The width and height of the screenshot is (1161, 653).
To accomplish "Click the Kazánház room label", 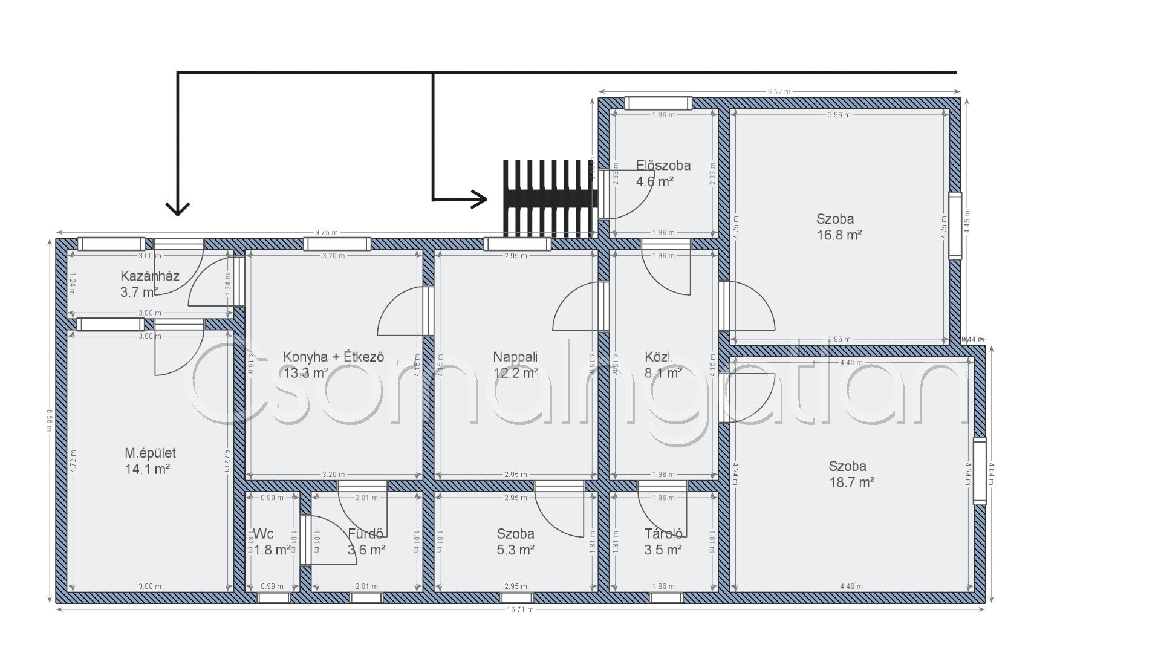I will point(150,276).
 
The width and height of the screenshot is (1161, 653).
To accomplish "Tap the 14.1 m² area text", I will point(146,469).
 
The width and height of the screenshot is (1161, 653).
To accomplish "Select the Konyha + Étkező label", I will point(334,357).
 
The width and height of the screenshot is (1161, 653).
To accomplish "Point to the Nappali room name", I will point(515,357).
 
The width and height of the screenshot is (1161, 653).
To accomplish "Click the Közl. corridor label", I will point(659,357).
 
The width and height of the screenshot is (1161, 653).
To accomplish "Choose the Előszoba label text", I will point(663,165).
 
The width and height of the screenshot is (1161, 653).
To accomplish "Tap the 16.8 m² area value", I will point(839,235).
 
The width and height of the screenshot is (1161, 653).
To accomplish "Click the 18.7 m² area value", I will point(852,482).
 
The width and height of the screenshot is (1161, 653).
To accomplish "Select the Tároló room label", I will point(663,534).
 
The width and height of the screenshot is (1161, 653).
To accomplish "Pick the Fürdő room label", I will point(366,534).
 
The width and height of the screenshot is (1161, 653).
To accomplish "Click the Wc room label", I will point(263,534).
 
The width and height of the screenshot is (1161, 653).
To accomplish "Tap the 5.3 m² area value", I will point(515,550).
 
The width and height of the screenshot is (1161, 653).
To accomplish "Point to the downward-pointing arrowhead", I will point(178,209).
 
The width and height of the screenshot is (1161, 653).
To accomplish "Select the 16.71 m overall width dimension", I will point(521,610).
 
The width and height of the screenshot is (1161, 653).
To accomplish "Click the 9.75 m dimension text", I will point(327,232).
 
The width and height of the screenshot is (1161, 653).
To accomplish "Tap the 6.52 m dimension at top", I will point(779,92).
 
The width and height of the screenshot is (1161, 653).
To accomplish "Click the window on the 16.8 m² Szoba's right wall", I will point(955,226).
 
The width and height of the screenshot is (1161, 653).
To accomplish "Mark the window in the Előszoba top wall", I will point(658,103).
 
